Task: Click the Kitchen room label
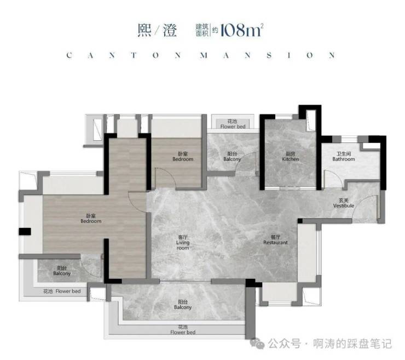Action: coord(291,157)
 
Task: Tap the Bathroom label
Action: coord(344,157)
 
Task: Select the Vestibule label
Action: coord(344,203)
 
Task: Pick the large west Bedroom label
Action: coord(91,219)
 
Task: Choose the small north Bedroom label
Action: coord(183,157)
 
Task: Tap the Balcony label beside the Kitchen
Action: coord(232,157)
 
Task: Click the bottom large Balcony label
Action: coord(183,305)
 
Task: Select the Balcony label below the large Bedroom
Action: coord(62,271)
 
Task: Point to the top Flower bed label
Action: coord(233,124)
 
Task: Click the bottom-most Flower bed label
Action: coord(183,330)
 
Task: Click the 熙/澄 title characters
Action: coord(158,30)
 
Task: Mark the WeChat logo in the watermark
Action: coord(258,344)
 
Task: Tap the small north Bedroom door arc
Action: coord(164,178)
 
